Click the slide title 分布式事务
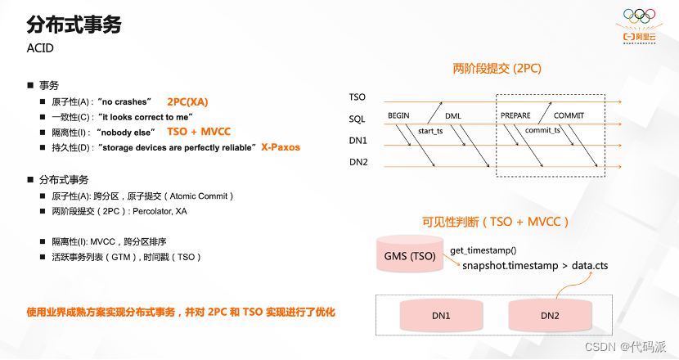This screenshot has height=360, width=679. click(74, 25)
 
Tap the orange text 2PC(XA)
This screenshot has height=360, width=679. click(187, 102)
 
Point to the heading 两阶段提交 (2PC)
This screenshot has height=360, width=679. click(497, 69)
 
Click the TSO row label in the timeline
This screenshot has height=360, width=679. click(357, 98)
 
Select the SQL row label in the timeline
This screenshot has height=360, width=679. click(357, 119)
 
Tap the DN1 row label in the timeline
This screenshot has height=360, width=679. click(358, 141)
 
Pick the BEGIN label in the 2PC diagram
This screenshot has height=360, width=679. click(398, 115)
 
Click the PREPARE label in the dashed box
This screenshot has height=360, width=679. click(515, 115)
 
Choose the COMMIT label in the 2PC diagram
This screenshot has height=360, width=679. click(569, 115)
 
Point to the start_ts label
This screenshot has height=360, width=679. click(430, 130)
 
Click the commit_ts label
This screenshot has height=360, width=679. click(543, 130)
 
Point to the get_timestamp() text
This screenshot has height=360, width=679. click(483, 250)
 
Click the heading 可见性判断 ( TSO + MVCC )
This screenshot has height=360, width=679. click(495, 221)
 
